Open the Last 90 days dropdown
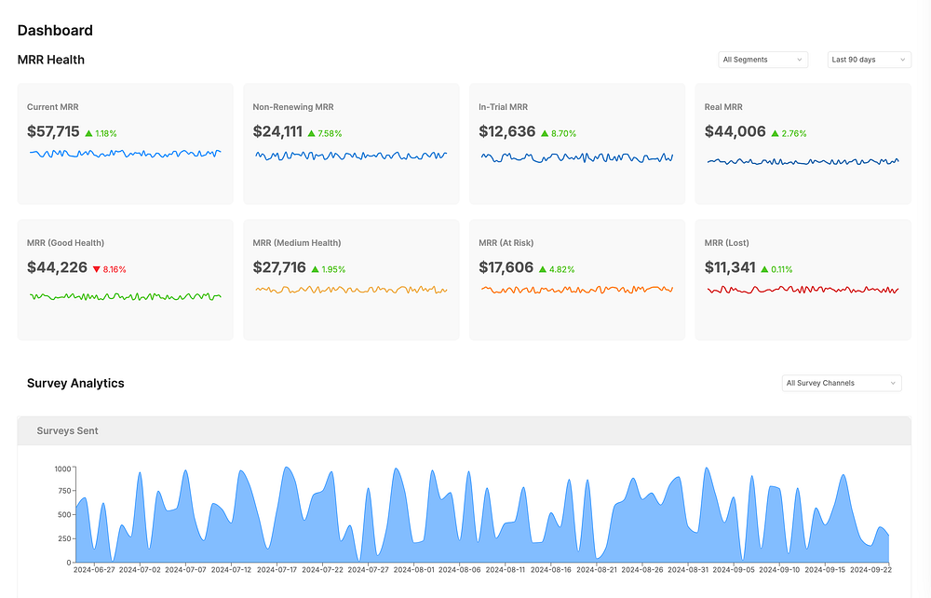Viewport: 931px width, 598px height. pos(869,60)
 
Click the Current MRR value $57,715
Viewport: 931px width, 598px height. pos(53,132)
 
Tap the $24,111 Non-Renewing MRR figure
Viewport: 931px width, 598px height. pos(277,132)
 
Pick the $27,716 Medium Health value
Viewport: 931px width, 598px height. pos(279,268)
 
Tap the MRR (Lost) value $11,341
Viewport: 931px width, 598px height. pos(730,268)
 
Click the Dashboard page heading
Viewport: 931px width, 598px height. pos(55,31)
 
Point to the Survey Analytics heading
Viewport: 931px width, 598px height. pos(75,383)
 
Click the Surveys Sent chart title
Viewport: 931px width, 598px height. pos(67,431)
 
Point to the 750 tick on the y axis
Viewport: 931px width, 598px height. pos(62,492)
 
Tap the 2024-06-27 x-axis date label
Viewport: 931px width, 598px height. pos(94,569)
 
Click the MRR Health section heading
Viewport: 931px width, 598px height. pos(50,60)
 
